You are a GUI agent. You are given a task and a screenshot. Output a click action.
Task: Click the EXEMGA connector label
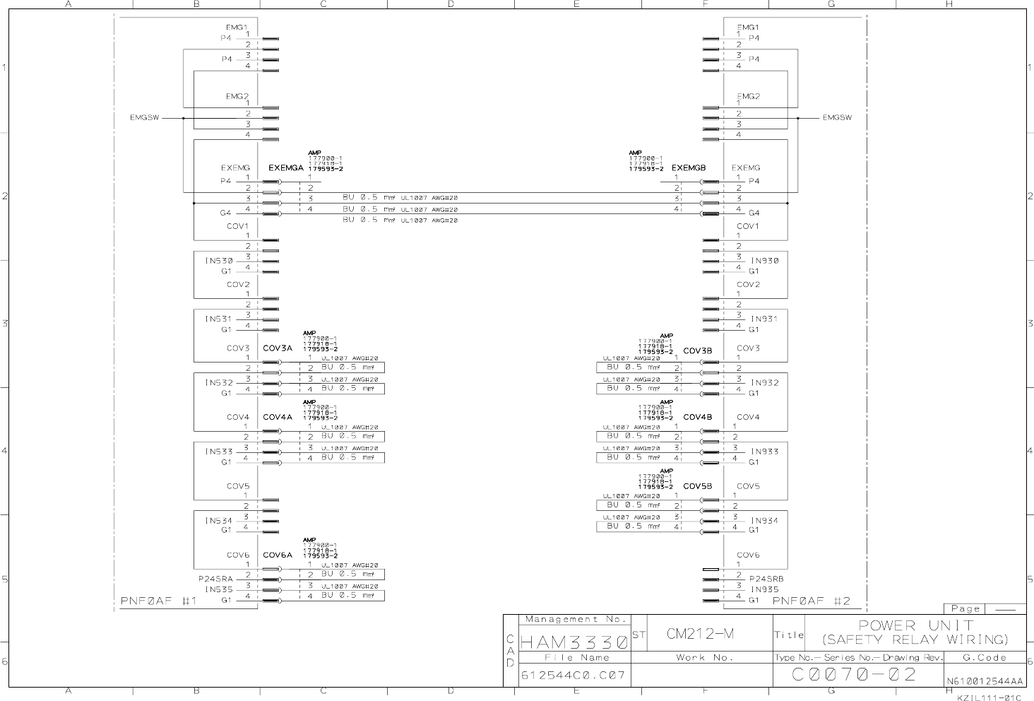pyautogui.click(x=286, y=168)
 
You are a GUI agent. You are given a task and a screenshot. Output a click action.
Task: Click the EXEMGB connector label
pyautogui.click(x=688, y=168)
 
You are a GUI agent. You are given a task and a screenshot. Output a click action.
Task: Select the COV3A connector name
pyautogui.click(x=278, y=348)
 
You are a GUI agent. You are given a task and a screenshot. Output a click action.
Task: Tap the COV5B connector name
pyautogui.click(x=697, y=486)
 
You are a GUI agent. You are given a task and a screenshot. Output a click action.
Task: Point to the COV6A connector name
pyautogui.click(x=278, y=555)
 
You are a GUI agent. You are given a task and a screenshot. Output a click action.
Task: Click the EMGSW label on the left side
pyautogui.click(x=144, y=118)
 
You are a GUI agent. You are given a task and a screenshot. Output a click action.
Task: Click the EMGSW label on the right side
pyautogui.click(x=837, y=118)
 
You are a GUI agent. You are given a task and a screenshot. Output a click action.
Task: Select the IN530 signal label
pyautogui.click(x=218, y=261)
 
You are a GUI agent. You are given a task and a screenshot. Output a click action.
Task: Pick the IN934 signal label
pyautogui.click(x=764, y=521)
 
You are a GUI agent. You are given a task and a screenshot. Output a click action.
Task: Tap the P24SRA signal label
pyautogui.click(x=215, y=578)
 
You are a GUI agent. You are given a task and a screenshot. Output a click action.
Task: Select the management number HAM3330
pyautogui.click(x=574, y=643)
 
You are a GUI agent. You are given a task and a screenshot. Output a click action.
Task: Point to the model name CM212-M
pyautogui.click(x=700, y=634)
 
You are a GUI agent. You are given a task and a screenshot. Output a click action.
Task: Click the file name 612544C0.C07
pyautogui.click(x=573, y=675)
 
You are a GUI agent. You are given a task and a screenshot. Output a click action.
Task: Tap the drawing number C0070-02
pyautogui.click(x=854, y=675)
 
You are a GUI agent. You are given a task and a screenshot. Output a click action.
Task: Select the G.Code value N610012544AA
pyautogui.click(x=984, y=681)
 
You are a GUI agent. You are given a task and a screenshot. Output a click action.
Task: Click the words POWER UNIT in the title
pyautogui.click(x=915, y=625)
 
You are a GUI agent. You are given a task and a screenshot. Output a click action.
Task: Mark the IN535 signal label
pyautogui.click(x=218, y=589)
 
